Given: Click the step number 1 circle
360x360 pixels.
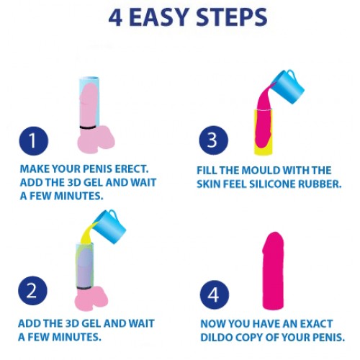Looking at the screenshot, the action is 33,140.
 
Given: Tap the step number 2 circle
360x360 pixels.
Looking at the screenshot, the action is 32,291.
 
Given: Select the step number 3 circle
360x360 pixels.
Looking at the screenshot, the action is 214,140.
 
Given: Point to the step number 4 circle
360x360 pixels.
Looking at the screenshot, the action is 215,294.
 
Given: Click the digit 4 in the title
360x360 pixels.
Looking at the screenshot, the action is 115,17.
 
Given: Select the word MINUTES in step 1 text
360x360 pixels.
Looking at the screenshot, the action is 78,196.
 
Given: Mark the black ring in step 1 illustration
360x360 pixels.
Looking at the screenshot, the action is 88,127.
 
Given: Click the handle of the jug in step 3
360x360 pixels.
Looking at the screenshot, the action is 292,74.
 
